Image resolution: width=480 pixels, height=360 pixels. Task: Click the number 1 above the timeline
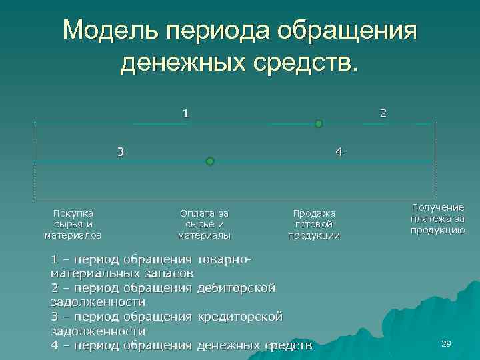click(x=186, y=113)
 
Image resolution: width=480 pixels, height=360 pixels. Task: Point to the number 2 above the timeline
click(x=383, y=113)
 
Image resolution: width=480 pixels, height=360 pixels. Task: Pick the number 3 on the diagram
click(x=120, y=151)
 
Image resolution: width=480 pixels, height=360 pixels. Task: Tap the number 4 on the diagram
click(x=339, y=151)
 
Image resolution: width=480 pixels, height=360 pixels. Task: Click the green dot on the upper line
click(x=319, y=124)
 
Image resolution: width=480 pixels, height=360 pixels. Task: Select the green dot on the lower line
click(x=210, y=161)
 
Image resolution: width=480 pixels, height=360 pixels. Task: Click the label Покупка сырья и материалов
click(x=73, y=224)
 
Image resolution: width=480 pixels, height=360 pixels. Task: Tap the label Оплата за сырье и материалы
click(x=204, y=224)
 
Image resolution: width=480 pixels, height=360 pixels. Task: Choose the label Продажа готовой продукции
click(x=314, y=224)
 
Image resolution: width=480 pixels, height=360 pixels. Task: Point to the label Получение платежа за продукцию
click(x=437, y=219)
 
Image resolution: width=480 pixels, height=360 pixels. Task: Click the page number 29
click(x=446, y=343)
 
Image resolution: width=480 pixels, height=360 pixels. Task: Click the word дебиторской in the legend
click(x=237, y=287)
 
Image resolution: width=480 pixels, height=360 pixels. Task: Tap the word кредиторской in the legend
click(x=241, y=315)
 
